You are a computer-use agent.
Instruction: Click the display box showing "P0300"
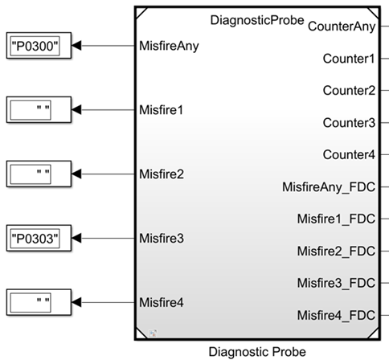[x=39, y=46]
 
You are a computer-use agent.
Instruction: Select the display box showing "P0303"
[x=39, y=238]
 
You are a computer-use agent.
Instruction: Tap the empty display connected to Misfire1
[x=39, y=110]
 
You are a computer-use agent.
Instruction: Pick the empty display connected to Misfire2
[x=39, y=174]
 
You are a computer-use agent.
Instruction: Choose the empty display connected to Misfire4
[x=39, y=302]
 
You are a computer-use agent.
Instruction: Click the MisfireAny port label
[x=169, y=46]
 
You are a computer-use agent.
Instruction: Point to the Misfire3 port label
[x=162, y=238]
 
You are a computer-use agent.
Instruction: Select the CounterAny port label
[x=342, y=27]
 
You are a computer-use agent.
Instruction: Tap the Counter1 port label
[x=349, y=59]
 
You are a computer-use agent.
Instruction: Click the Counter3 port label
[x=349, y=123]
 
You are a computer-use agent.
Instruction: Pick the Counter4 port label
[x=349, y=154]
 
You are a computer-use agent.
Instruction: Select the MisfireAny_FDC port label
[x=329, y=187]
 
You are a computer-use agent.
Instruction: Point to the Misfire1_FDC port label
[x=336, y=219]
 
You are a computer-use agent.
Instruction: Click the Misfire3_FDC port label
[x=336, y=283]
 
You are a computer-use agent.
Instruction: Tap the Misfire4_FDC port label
[x=336, y=315]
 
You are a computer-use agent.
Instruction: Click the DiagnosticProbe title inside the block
[x=257, y=20]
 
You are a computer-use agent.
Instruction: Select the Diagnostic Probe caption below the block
[x=257, y=352]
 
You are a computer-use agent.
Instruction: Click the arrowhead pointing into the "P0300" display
[x=76, y=46]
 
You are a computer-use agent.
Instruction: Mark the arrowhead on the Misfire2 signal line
[x=76, y=174]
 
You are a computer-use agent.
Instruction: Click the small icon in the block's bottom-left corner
[x=153, y=333]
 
